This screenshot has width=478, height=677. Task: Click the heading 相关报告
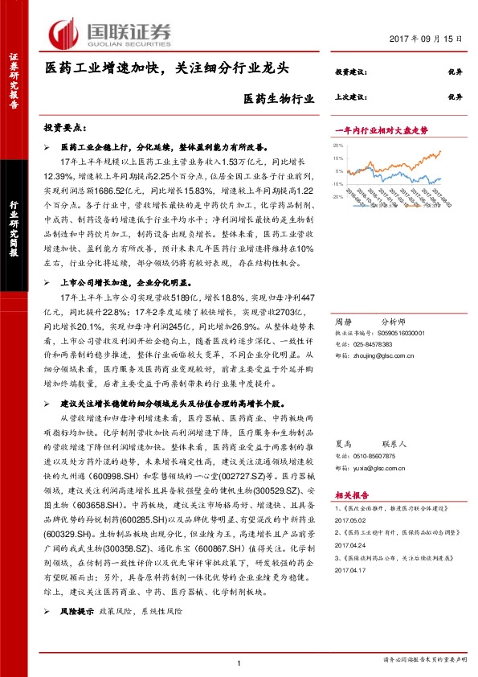350,497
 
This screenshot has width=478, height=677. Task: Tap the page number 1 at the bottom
239,663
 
